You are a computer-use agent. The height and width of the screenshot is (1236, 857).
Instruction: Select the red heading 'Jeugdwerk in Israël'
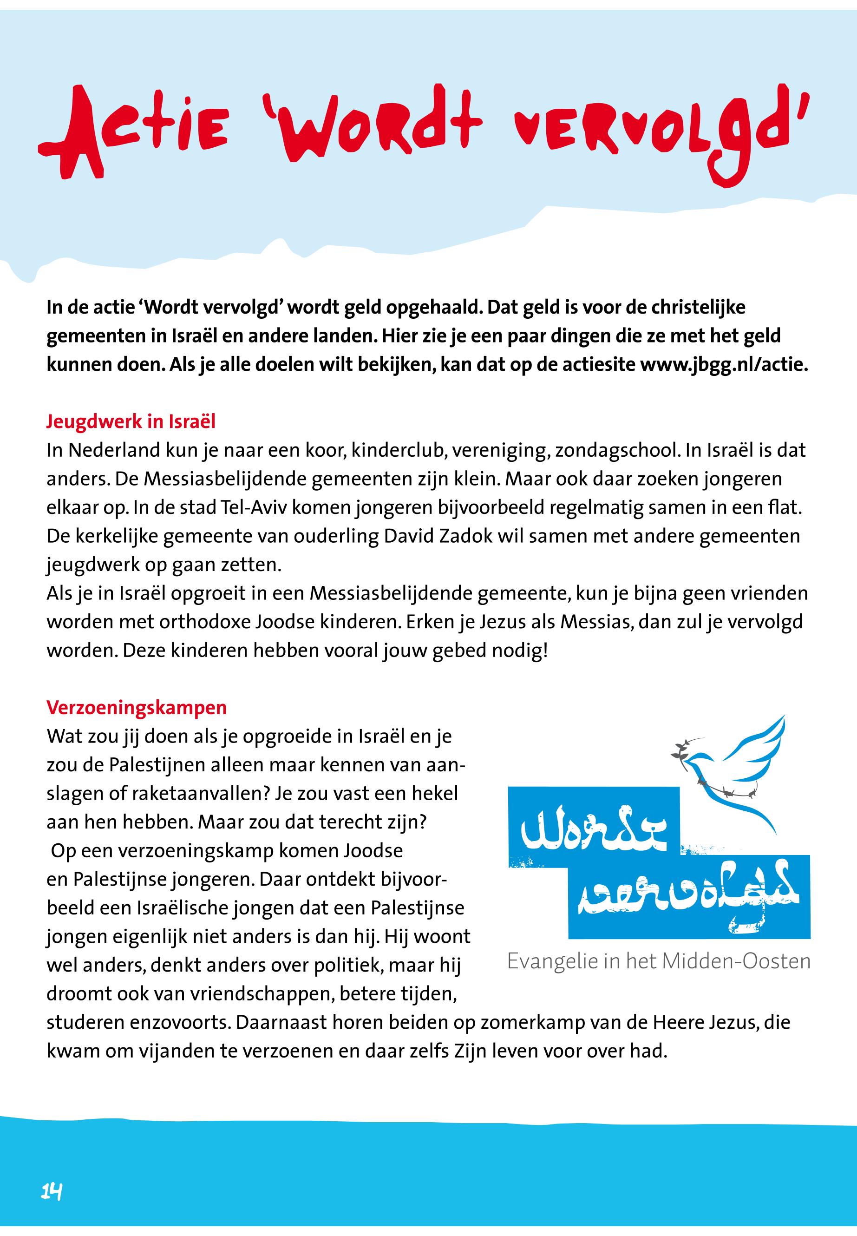pos(131,421)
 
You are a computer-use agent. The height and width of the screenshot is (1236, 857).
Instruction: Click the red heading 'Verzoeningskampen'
pos(137,707)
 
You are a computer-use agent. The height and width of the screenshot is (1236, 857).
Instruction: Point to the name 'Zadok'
pos(464,536)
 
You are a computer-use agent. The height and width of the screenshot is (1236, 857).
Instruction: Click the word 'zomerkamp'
pos(531,1023)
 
